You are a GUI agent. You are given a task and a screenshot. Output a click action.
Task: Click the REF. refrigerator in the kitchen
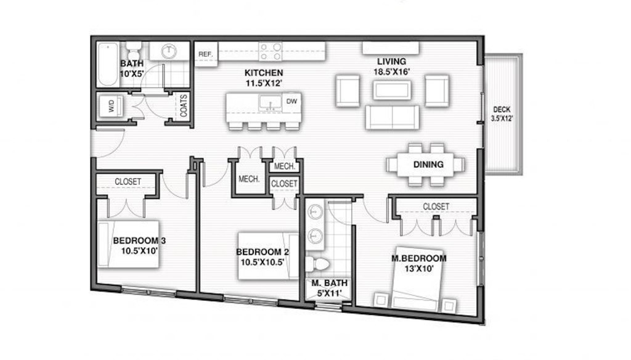206,54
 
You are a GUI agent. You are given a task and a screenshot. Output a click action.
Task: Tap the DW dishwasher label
291,101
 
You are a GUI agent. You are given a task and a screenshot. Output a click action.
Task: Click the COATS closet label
184,105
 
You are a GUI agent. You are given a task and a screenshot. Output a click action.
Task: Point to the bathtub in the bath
108,64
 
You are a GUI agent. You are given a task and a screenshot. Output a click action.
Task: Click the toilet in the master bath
317,264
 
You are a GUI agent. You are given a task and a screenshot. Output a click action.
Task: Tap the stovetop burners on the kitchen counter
270,52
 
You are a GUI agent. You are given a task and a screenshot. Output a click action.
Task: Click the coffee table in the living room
392,90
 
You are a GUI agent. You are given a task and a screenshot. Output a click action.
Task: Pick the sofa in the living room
392,117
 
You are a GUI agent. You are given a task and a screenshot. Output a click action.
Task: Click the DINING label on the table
428,165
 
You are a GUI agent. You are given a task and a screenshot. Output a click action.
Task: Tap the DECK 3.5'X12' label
502,114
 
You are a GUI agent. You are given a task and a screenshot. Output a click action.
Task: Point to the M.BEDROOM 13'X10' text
419,263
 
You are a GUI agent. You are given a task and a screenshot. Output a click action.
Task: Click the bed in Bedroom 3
128,243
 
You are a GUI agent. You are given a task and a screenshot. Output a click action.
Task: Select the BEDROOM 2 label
263,252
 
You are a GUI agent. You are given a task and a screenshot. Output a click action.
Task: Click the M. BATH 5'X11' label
329,288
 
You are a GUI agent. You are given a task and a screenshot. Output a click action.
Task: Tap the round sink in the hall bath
169,51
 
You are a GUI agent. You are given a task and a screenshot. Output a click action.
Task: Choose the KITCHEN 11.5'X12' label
264,78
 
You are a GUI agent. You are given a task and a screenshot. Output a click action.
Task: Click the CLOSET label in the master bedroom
436,207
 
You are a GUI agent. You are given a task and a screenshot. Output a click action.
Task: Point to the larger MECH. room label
249,179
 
